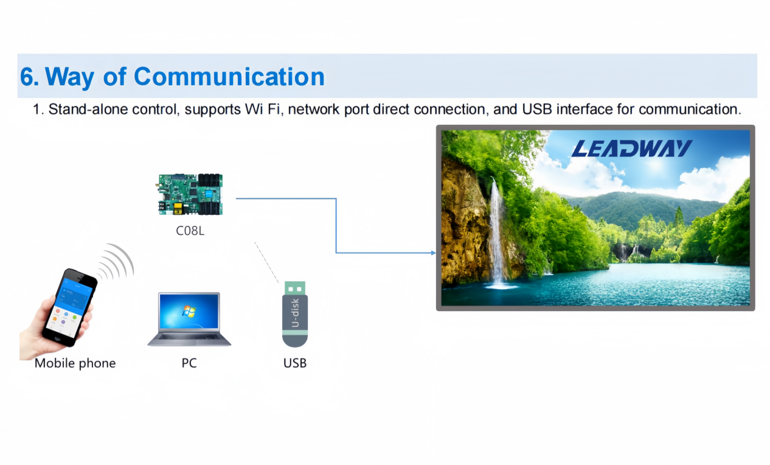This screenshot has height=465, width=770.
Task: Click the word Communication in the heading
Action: pos(229,77)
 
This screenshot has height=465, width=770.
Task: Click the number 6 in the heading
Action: pos(28,77)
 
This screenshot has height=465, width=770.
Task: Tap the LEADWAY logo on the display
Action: pos(631,149)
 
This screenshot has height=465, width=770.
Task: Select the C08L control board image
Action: pos(190,194)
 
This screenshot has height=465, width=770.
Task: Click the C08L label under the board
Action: pos(190,231)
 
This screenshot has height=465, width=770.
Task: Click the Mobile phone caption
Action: pos(75,363)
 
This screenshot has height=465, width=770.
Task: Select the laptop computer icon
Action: pos(189,319)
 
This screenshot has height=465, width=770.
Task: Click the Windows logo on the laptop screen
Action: pos(189,312)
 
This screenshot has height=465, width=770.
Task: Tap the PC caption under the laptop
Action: pos(189,363)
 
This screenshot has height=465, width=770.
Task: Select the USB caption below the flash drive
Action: pos(295,363)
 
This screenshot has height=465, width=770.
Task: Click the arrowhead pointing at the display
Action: pos(432,253)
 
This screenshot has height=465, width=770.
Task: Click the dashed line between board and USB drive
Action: pos(267,262)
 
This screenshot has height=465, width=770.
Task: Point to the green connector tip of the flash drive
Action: pos(295,287)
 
